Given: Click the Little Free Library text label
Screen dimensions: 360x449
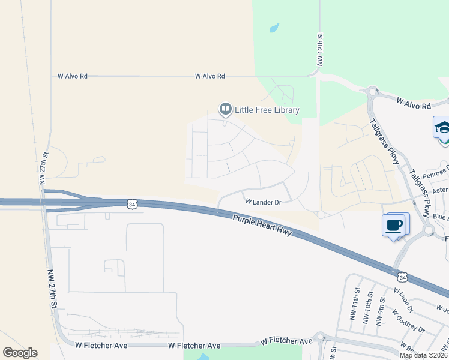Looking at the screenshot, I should pyautogui.click(x=267, y=110).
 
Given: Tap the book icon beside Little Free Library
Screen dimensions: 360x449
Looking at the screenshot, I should pyautogui.click(x=226, y=109).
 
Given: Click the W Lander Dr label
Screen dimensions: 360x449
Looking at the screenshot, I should pyautogui.click(x=263, y=202).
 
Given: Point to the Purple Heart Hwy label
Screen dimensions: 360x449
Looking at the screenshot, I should pyautogui.click(x=262, y=226).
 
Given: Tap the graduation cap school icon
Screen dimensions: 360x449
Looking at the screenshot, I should pyautogui.click(x=442, y=128).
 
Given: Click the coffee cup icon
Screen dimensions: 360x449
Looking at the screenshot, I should pyautogui.click(x=394, y=226).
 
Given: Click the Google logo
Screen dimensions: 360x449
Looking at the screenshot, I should pyautogui.click(x=20, y=353).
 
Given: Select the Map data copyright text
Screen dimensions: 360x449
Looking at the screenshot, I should pyautogui.click(x=423, y=355).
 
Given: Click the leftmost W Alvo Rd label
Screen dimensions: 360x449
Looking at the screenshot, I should pyautogui.click(x=73, y=76).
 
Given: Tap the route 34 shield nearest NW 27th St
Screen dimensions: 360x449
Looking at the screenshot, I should pyautogui.click(x=131, y=204).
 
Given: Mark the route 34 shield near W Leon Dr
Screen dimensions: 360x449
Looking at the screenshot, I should pyautogui.click(x=402, y=277).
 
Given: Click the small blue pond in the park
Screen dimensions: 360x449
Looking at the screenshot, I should pyautogui.click(x=274, y=27).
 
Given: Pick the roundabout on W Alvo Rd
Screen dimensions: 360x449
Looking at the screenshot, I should pyautogui.click(x=372, y=91).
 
